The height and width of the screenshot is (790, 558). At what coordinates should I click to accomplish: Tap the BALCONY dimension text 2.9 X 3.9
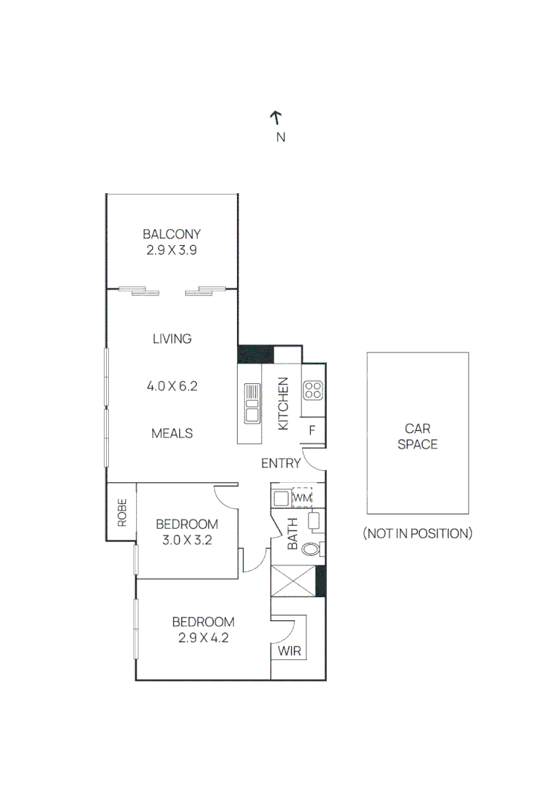point(171,249)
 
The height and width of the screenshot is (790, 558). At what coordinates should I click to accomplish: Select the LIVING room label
point(172,339)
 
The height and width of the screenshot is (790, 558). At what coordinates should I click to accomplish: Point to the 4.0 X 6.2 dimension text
point(172,386)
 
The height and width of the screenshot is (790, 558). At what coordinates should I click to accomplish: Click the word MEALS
point(172,433)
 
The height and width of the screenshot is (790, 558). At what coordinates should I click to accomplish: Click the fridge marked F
point(312,430)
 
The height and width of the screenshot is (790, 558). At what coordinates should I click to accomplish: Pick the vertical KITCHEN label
point(284,403)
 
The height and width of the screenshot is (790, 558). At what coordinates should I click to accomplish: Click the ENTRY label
point(281,463)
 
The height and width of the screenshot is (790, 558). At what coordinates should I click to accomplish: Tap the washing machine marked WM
point(302,498)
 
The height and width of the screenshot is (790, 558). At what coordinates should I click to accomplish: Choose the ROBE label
point(121,512)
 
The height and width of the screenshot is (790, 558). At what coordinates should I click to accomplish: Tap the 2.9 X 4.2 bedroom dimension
point(203,637)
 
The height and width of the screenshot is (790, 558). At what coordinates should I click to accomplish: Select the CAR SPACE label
point(418,437)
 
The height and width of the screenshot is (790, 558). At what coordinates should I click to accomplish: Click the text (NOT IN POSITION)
point(418,533)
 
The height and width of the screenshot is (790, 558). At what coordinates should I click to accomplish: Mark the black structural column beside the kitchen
point(255,354)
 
